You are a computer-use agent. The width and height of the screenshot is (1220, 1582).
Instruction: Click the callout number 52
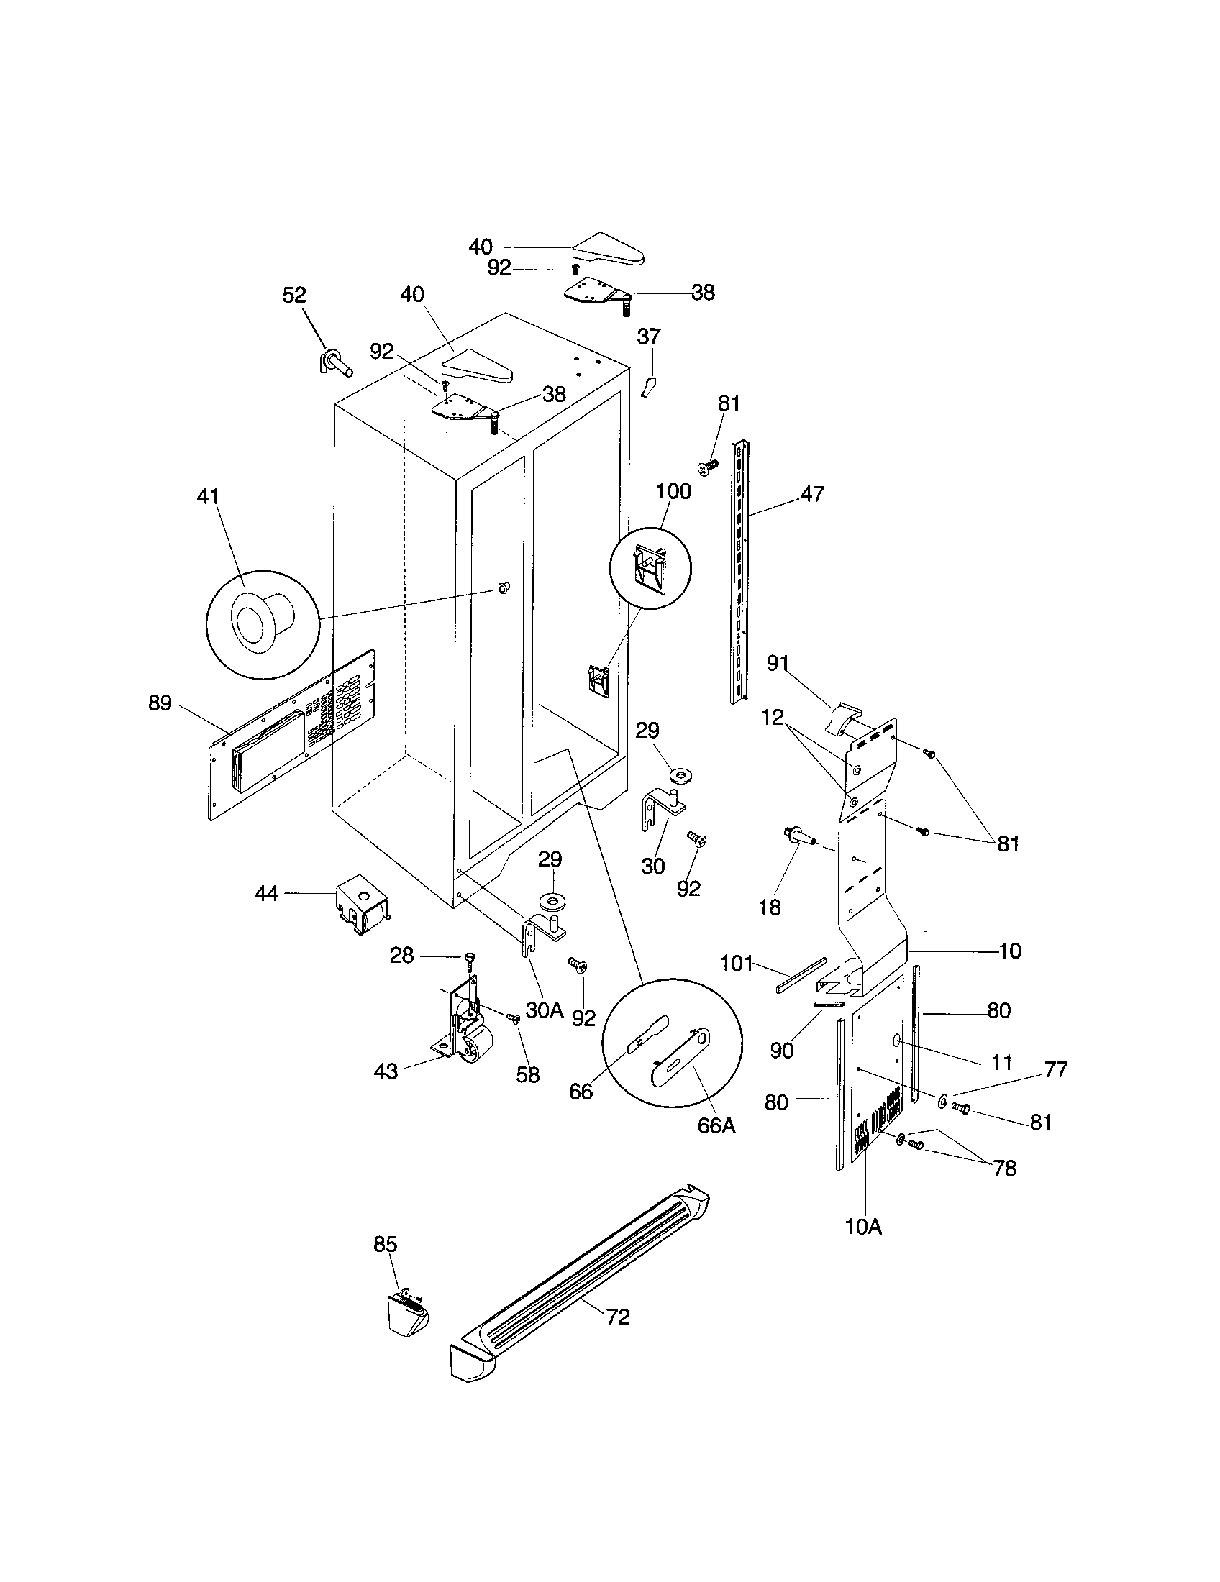[x=294, y=295]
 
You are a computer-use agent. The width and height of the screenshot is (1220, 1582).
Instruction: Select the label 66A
[x=716, y=1125]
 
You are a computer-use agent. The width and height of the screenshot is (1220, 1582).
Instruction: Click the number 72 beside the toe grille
[x=617, y=1316]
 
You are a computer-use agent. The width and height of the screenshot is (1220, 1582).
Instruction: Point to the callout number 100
[x=673, y=491]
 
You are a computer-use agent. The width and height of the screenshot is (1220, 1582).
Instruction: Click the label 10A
[x=862, y=1227]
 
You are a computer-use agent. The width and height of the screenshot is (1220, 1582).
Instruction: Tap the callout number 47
[x=812, y=494]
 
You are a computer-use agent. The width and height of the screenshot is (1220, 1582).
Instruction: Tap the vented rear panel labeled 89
[x=290, y=735]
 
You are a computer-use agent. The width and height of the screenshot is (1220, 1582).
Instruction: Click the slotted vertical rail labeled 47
[x=739, y=572]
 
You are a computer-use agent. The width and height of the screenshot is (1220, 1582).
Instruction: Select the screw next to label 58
[x=514, y=1018]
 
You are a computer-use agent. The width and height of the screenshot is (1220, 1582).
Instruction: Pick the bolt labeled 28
[x=469, y=961]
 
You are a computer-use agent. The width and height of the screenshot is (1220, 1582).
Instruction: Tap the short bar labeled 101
[x=801, y=975]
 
